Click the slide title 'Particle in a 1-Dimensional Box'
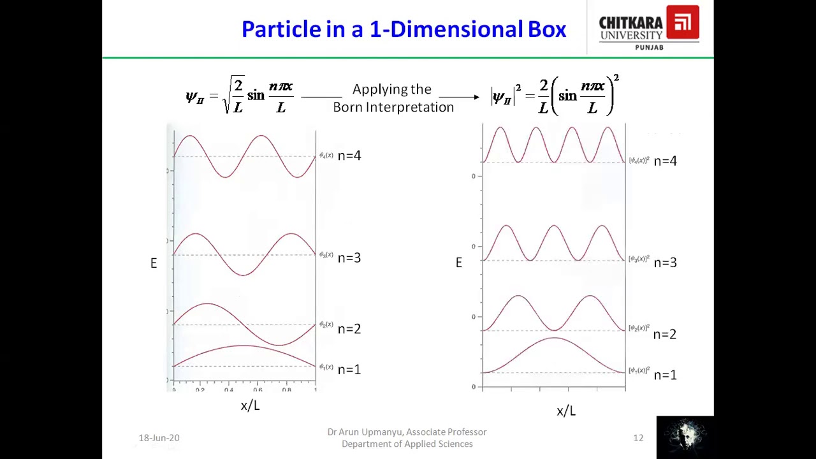pyautogui.click(x=404, y=29)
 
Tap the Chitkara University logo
pyautogui.click(x=649, y=28)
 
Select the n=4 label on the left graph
pyautogui.click(x=349, y=156)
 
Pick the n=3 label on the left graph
pyautogui.click(x=349, y=258)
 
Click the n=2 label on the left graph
pyautogui.click(x=349, y=329)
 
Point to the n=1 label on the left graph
pyautogui.click(x=349, y=370)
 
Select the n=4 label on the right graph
pyautogui.click(x=665, y=161)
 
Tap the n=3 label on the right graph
pyautogui.click(x=665, y=263)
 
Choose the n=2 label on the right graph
pyautogui.click(x=665, y=334)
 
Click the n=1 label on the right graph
pyautogui.click(x=665, y=375)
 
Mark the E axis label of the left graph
pyautogui.click(x=154, y=263)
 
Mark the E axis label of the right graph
pyautogui.click(x=458, y=263)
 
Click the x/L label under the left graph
pyautogui.click(x=250, y=405)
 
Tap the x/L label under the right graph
pyautogui.click(x=566, y=411)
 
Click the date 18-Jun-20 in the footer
pyautogui.click(x=159, y=438)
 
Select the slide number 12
pyautogui.click(x=638, y=438)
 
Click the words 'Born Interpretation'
pyautogui.click(x=393, y=107)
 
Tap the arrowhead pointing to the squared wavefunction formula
pyautogui.click(x=476, y=97)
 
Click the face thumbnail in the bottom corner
pyautogui.click(x=685, y=437)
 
